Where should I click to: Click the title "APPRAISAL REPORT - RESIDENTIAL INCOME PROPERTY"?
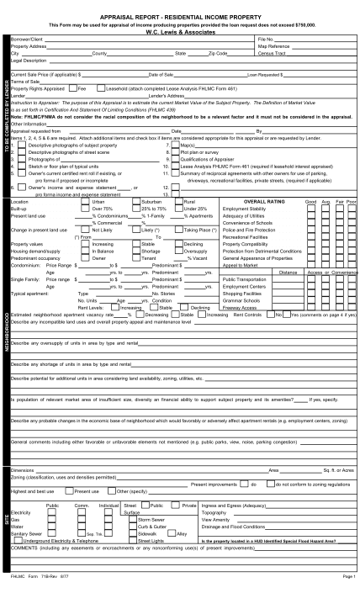point(180,16)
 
